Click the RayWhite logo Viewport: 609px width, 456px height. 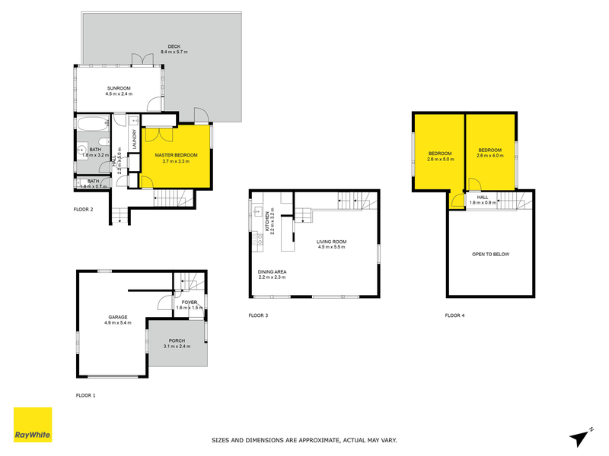(x=33, y=424)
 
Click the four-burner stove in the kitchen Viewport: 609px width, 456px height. (x=259, y=241)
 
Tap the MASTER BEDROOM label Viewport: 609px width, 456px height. (x=172, y=155)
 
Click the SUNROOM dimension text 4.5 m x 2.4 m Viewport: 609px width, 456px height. (x=119, y=93)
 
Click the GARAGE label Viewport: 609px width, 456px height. (x=117, y=317)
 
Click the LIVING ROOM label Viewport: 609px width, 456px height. (x=332, y=242)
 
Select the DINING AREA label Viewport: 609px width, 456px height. (x=272, y=271)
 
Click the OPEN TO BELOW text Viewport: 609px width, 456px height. (x=489, y=254)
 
